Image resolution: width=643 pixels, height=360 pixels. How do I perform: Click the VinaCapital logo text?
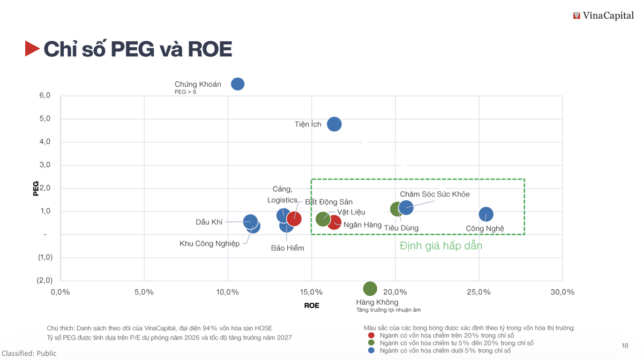[608, 16]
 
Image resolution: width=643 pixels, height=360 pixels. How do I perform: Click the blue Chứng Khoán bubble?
[237, 84]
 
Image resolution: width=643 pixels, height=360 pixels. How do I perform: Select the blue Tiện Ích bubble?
[334, 124]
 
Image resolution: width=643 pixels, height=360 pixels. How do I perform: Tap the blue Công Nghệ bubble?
[485, 214]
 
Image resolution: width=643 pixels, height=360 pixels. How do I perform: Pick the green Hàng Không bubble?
[370, 289]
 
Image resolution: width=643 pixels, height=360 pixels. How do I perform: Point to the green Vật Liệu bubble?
[323, 219]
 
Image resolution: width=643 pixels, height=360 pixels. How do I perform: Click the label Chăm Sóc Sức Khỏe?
[435, 194]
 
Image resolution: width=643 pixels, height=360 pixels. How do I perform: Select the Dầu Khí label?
[209, 222]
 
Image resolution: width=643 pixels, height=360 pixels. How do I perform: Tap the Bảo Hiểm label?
[287, 248]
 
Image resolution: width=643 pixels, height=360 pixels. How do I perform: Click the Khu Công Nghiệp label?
[210, 244]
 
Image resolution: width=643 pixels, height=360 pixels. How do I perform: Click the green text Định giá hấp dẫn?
[441, 246]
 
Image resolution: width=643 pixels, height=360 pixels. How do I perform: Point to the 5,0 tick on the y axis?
[44, 118]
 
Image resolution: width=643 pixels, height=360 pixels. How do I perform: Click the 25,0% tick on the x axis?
[478, 292]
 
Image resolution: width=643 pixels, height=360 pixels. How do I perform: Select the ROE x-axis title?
[311, 305]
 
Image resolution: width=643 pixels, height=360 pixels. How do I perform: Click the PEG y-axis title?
[36, 189]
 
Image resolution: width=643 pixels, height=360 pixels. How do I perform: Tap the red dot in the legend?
[371, 335]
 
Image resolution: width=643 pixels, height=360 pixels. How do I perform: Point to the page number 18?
[625, 346]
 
